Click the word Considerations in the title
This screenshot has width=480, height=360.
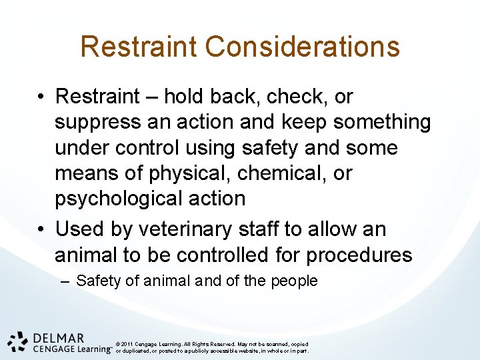pos(303,47)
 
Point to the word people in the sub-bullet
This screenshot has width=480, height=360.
pos(294,281)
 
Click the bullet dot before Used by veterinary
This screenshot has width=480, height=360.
pos(41,230)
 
